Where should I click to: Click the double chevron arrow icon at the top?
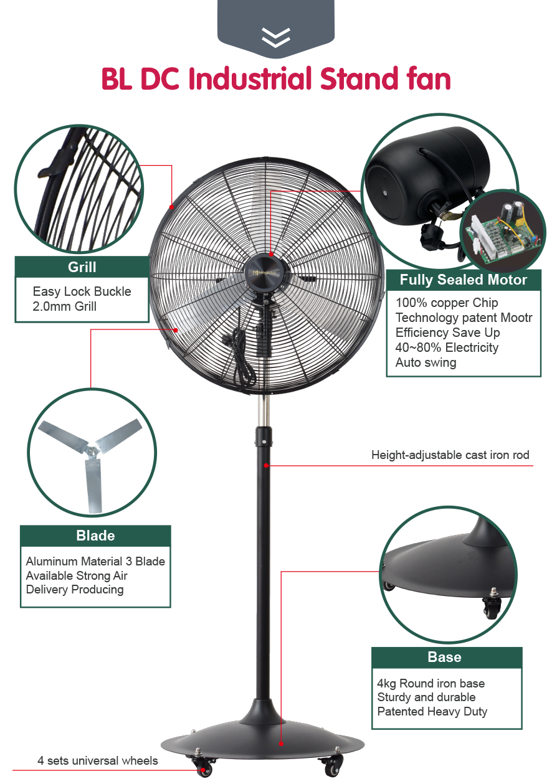275,37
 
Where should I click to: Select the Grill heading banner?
82,267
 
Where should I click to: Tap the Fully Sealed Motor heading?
464,280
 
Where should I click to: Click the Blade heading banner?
95,536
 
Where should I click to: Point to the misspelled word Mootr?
516,318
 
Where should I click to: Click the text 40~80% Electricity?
447,347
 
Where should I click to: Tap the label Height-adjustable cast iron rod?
450,455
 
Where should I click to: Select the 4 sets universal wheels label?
98,760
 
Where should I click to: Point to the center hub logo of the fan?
266,272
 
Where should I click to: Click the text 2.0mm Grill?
64,306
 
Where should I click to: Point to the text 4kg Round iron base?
431,683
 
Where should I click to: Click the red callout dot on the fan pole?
266,466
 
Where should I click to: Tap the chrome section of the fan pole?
264,410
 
